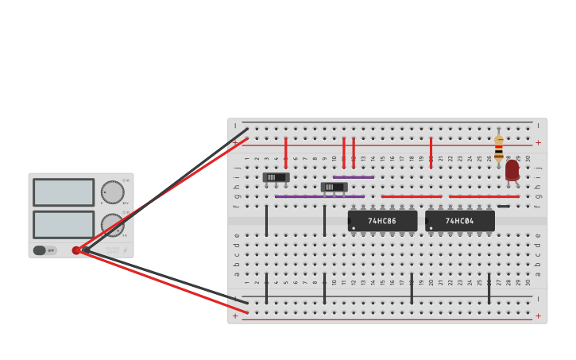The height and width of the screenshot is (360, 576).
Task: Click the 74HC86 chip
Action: [382, 221]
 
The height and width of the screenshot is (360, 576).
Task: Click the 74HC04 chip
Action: [459, 221]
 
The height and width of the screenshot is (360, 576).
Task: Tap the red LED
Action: [512, 170]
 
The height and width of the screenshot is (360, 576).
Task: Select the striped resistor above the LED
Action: [498, 148]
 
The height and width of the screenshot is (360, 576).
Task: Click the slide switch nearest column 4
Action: [276, 177]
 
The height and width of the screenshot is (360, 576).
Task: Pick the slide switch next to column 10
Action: [334, 187]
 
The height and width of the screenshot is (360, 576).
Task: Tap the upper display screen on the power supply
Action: [64, 192]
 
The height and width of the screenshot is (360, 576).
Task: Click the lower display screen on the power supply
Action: [64, 224]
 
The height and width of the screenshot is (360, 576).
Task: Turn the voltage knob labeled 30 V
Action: [112, 192]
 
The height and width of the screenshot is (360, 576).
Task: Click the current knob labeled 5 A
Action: [112, 224]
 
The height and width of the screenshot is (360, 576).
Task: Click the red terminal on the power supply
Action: [76, 250]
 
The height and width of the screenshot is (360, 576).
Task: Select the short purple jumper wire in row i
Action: [353, 177]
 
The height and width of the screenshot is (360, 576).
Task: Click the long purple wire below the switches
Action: [319, 196]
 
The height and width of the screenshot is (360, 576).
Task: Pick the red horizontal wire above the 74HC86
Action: [411, 196]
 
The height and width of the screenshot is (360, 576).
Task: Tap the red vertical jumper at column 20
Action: [431, 152]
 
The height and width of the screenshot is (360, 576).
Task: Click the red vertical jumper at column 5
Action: [286, 152]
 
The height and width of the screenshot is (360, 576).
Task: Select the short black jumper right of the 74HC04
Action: [504, 207]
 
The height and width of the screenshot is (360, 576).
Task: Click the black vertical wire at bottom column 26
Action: [489, 288]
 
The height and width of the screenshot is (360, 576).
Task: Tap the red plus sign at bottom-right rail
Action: [538, 315]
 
